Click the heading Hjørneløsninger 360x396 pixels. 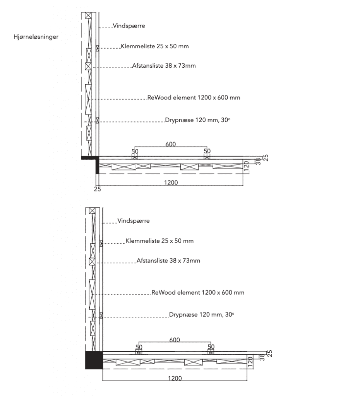pyautogui.click(x=36, y=37)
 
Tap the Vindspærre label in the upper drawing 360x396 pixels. pyautogui.click(x=129, y=26)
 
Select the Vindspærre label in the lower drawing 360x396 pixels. pyautogui.click(x=134, y=221)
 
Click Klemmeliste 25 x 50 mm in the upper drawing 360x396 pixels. pyautogui.click(x=155, y=46)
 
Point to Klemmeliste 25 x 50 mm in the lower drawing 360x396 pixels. pyautogui.click(x=159, y=241)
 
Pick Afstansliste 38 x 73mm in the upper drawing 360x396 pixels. pyautogui.click(x=164, y=66)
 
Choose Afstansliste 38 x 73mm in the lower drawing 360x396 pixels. pyautogui.click(x=168, y=260)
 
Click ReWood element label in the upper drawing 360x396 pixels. pyautogui.click(x=194, y=97)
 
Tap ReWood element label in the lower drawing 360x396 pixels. pyautogui.click(x=198, y=292)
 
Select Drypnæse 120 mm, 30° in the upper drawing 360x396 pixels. pyautogui.click(x=198, y=120)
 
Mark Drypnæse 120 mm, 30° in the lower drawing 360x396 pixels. pyautogui.click(x=202, y=315)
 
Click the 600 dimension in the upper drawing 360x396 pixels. pyautogui.click(x=171, y=144)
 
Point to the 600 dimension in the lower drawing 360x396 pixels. pyautogui.click(x=175, y=340)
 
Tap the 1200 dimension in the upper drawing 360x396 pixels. pyautogui.click(x=171, y=183)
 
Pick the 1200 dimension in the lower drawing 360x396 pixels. pyautogui.click(x=175, y=378)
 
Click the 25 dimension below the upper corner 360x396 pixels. pyautogui.click(x=97, y=189)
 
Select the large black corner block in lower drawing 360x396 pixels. pyautogui.click(x=94, y=360)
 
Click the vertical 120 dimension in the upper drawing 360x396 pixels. pyautogui.click(x=246, y=166)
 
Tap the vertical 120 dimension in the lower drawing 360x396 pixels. pyautogui.click(x=250, y=362)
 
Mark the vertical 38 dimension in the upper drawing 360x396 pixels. pyautogui.click(x=258, y=162)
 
